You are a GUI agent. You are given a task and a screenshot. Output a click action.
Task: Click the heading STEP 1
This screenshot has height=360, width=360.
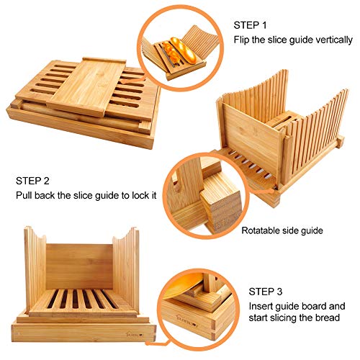coord(250,25)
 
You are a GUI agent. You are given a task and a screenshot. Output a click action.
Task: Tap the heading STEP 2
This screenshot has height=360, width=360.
coord(32,181)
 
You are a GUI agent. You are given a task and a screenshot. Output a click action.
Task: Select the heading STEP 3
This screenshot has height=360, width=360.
coord(266,292)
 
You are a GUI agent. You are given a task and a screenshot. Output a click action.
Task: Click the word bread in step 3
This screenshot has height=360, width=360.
coord(328,318)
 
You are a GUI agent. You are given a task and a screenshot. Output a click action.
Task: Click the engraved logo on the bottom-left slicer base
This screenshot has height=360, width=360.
coord(135,333)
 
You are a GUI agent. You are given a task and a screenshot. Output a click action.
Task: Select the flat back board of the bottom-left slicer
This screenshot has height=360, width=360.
coord(79,266)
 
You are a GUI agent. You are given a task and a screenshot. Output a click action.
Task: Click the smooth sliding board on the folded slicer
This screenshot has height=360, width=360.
coord(86,87)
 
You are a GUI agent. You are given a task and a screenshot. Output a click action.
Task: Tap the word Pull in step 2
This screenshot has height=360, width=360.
coord(24,195)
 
